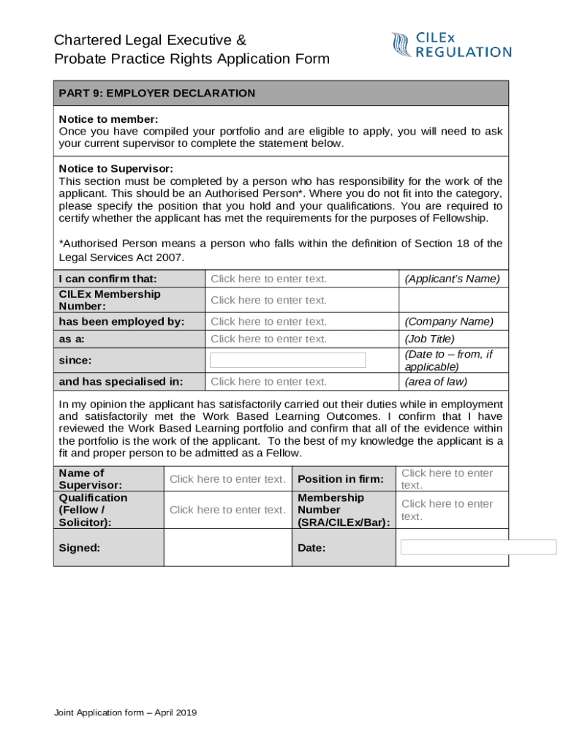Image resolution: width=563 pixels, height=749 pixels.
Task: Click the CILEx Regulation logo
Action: coord(451,45)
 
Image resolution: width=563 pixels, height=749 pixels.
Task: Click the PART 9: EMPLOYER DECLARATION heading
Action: coord(157,94)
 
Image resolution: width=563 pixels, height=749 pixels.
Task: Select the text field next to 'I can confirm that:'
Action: coord(269,279)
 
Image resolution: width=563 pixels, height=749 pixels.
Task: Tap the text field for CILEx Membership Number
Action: coord(269,300)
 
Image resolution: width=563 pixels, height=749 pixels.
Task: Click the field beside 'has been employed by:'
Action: coord(269,322)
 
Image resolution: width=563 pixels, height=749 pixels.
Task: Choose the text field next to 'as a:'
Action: coord(269,339)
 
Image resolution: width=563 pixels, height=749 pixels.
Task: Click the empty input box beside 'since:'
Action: coord(287,360)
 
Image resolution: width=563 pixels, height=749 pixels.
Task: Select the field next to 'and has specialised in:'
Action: coord(269,382)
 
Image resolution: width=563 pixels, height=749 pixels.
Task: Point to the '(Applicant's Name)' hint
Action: coord(452,279)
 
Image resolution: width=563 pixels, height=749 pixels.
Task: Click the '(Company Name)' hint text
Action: coord(449,322)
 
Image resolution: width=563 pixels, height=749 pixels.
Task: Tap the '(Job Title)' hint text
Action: coord(429,339)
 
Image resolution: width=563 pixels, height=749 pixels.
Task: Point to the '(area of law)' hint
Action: coord(435,382)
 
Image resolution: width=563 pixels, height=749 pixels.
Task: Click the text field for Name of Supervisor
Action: coord(227,479)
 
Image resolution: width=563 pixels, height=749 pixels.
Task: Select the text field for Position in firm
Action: coord(447,479)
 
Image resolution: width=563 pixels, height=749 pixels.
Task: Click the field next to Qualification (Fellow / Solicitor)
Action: coord(227,510)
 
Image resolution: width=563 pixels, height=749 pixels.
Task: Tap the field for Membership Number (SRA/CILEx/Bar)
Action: coord(447,510)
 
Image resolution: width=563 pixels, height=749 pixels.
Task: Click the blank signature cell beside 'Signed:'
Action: coord(227,548)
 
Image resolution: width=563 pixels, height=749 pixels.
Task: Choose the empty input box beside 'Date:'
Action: coord(479,548)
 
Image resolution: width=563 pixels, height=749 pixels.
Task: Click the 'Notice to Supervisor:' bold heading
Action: coord(116,169)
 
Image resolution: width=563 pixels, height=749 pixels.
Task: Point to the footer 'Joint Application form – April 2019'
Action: coord(124,712)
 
